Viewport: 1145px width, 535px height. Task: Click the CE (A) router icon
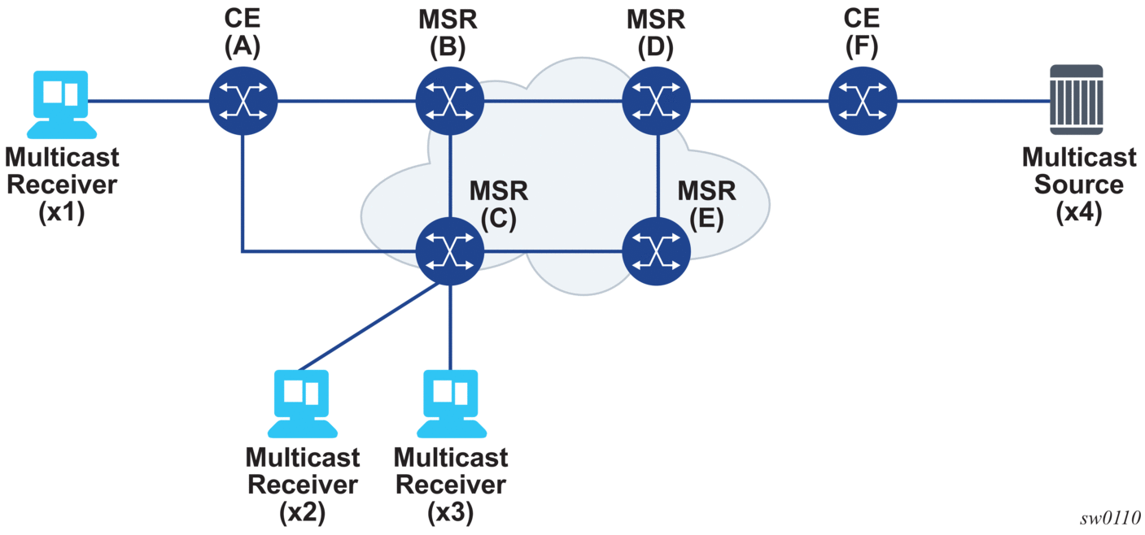[x=243, y=102]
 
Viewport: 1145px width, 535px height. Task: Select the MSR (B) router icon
[x=450, y=102]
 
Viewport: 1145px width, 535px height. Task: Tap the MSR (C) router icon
[x=450, y=250]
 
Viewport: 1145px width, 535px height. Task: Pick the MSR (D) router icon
[x=657, y=102]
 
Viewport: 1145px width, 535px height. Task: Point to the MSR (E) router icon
[x=657, y=250]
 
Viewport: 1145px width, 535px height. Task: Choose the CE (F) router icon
[x=863, y=102]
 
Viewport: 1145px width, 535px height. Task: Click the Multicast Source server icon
[x=1076, y=100]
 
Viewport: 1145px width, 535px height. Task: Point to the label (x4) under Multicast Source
[x=1078, y=214]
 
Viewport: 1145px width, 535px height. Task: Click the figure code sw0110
[x=1110, y=519]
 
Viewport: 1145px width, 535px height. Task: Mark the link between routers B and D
[x=553, y=102]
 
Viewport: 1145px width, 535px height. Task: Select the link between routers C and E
[x=553, y=250]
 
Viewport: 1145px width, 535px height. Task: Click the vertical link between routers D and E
[x=657, y=176]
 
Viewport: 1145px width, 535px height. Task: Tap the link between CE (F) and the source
[x=972, y=102]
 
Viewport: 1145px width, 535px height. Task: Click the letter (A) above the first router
[x=243, y=48]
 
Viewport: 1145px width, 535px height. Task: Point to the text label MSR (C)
[x=498, y=205]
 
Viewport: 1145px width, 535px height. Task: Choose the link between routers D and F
[x=759, y=102]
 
